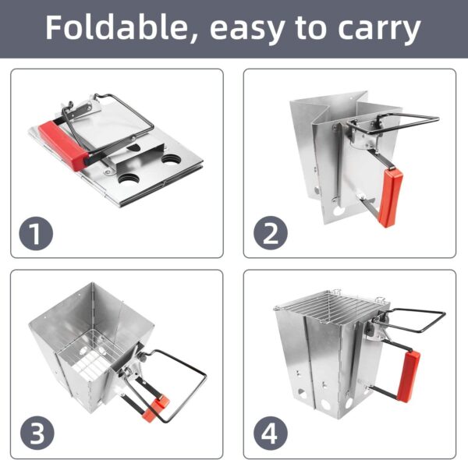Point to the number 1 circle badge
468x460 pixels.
[x=36, y=233]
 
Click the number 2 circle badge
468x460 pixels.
[x=271, y=233]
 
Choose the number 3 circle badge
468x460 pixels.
[x=37, y=433]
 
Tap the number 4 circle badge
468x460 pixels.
[x=271, y=433]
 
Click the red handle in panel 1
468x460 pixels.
[x=64, y=145]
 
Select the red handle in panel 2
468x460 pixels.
[x=391, y=197]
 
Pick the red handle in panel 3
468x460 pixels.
[x=155, y=407]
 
